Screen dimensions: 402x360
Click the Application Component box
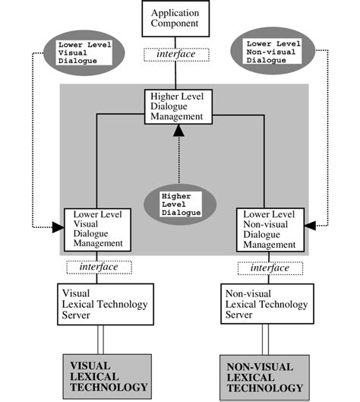click(x=176, y=19)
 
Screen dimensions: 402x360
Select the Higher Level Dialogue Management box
click(x=176, y=106)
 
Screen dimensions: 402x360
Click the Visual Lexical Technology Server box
click(x=106, y=304)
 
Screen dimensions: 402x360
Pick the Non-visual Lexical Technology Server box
click(x=266, y=304)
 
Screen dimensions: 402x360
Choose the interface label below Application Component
click(x=176, y=55)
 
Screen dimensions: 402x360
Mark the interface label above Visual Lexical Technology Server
click(x=99, y=267)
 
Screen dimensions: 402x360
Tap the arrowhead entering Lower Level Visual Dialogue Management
click(x=57, y=226)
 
